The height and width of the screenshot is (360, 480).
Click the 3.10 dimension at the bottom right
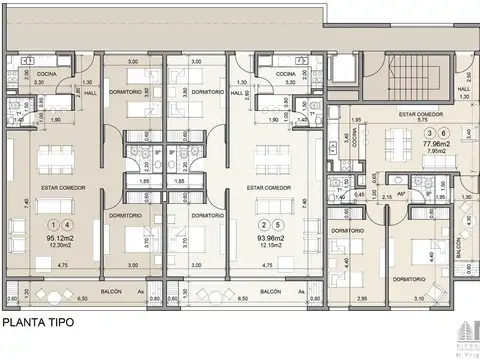click(418, 299)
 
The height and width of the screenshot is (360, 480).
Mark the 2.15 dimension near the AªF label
click(388, 198)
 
